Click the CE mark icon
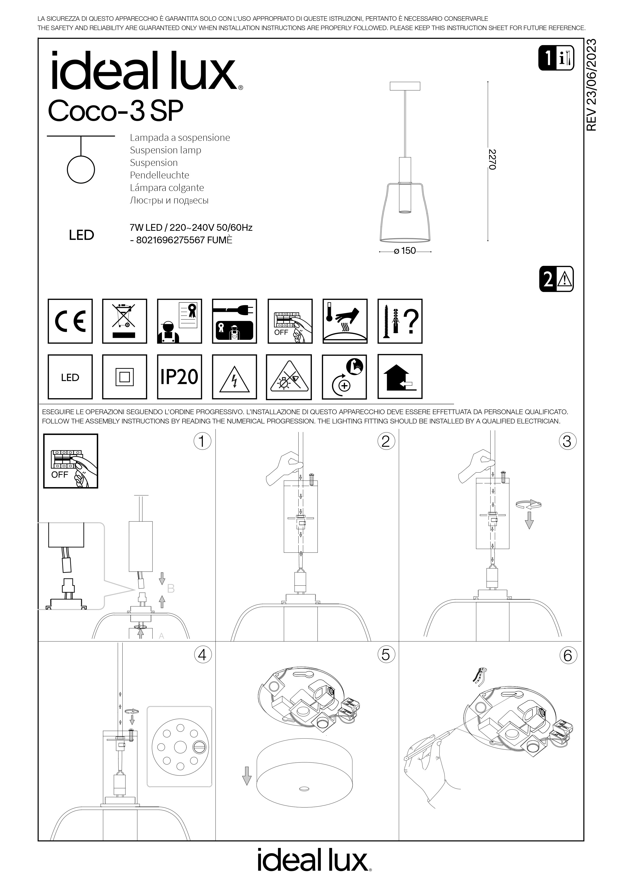[70, 321]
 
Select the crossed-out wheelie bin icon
[125, 321]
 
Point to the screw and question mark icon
[400, 321]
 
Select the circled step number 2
[386, 442]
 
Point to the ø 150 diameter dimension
[405, 251]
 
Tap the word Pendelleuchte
[159, 175]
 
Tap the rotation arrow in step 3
[528, 505]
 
